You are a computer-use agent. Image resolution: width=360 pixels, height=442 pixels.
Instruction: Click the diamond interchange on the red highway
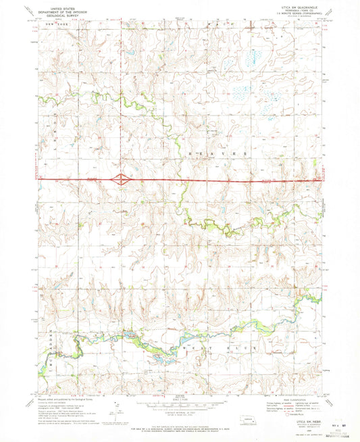122,180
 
